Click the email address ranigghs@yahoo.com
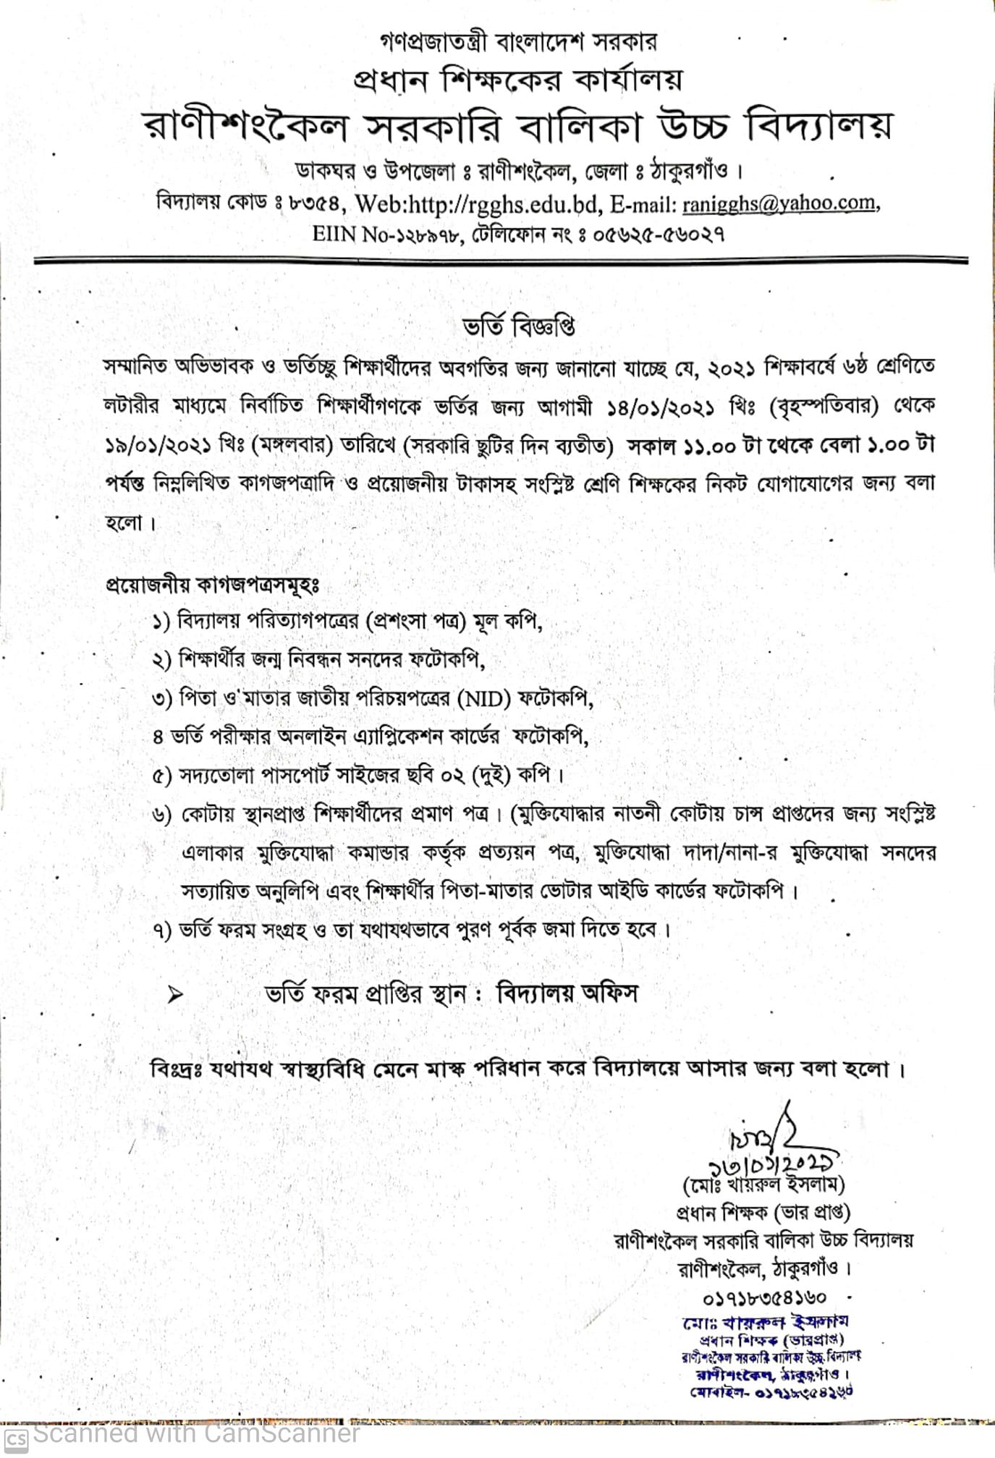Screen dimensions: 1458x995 [x=779, y=204]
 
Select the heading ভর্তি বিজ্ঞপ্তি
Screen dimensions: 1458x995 [x=519, y=327]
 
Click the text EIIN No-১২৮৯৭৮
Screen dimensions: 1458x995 [x=386, y=234]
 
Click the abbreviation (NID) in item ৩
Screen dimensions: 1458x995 [x=484, y=698]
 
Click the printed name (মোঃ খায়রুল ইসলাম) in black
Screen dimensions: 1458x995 [x=764, y=1185]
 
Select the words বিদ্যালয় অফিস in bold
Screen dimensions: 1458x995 [x=567, y=994]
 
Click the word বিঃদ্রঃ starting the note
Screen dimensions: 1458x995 [x=177, y=1069]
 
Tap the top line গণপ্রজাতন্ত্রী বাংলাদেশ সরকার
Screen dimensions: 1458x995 [x=518, y=42]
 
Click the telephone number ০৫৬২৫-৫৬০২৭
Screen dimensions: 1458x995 [x=659, y=234]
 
